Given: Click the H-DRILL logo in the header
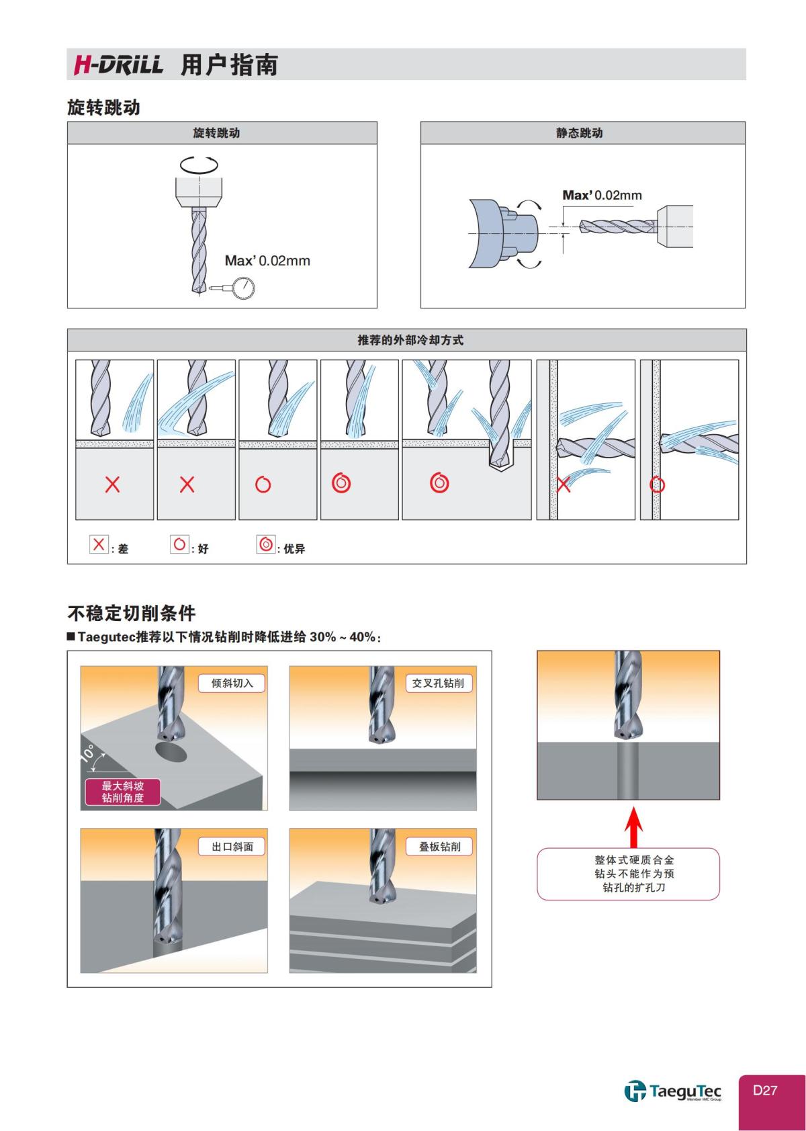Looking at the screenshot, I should [x=118, y=65].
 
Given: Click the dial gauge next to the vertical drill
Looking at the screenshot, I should [x=243, y=288].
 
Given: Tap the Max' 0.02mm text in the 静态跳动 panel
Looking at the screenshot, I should [x=602, y=195].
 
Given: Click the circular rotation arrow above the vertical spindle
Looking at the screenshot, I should [x=199, y=163].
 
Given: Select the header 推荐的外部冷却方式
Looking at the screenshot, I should [x=410, y=340].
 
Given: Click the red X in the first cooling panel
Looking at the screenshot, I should [x=113, y=484].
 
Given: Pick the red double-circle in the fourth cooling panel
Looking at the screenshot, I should [x=341, y=483].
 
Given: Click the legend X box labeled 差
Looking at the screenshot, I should [x=99, y=544].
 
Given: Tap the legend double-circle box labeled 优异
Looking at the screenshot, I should [x=266, y=544].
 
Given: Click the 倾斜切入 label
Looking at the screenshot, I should [x=232, y=683].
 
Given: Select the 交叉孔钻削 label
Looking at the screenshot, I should [x=438, y=683].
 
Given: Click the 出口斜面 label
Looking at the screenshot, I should [x=232, y=847].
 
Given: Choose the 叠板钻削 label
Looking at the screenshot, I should [x=440, y=847].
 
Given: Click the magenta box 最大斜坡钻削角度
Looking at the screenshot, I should [x=122, y=792].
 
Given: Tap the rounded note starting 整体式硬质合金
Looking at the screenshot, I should [x=628, y=874].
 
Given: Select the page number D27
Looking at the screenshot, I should [x=764, y=1090].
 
